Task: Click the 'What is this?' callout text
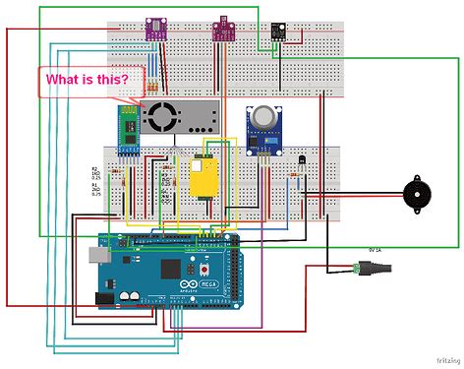87,80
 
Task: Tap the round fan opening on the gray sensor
159,116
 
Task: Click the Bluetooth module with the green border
126,134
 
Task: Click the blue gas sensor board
262,130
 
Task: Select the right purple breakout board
224,30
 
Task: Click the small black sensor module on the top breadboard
279,29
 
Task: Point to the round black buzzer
410,196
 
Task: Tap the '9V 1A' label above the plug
376,250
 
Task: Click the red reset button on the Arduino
203,269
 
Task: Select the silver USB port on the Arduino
97,256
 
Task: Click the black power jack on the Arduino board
101,296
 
